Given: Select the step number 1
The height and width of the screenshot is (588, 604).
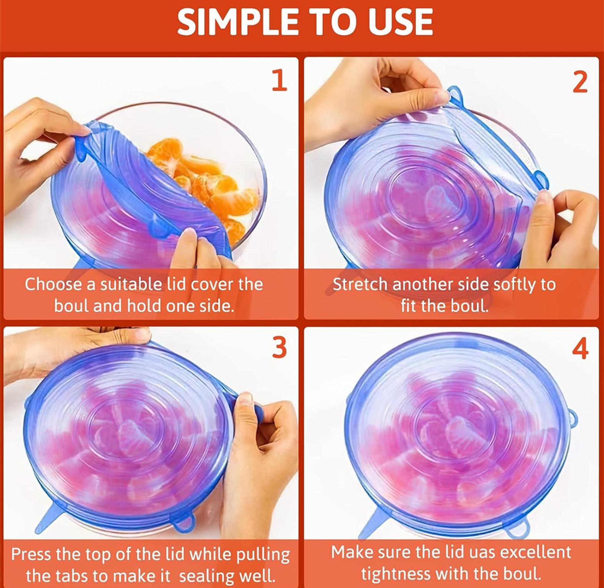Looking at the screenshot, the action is (x=280, y=80).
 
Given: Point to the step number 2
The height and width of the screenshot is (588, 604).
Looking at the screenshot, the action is (x=580, y=81).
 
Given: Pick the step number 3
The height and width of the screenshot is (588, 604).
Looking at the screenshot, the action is (x=280, y=347).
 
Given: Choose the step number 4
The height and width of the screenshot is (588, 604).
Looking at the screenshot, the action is (x=581, y=349).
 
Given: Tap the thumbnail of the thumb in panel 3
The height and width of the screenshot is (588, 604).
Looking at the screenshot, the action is (x=245, y=398).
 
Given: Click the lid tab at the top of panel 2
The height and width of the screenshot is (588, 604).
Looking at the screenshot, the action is (x=455, y=94).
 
